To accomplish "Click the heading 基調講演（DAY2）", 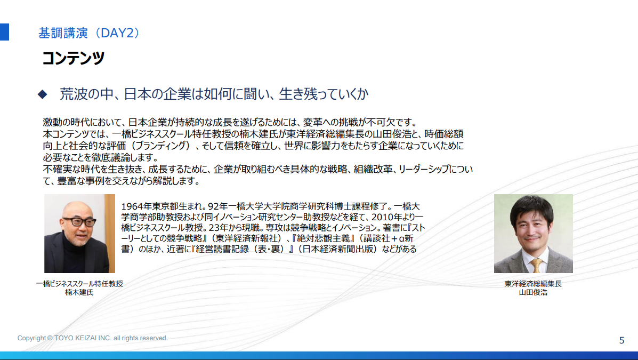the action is click(90, 33).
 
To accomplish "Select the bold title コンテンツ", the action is click(73, 58).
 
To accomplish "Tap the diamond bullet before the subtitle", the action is click(42, 94).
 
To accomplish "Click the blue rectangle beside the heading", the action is click(4, 32).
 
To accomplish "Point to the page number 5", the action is click(621, 340).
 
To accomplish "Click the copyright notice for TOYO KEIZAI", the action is click(92, 338).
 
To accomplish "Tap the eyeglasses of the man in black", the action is click(79, 222).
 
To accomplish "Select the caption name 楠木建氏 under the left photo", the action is click(79, 292).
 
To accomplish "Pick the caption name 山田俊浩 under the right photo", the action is click(533, 292).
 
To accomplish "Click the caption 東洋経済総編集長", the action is click(533, 284).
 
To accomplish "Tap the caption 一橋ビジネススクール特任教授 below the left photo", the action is click(79, 284).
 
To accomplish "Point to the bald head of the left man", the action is click(78, 207).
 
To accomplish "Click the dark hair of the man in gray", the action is click(531, 206).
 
